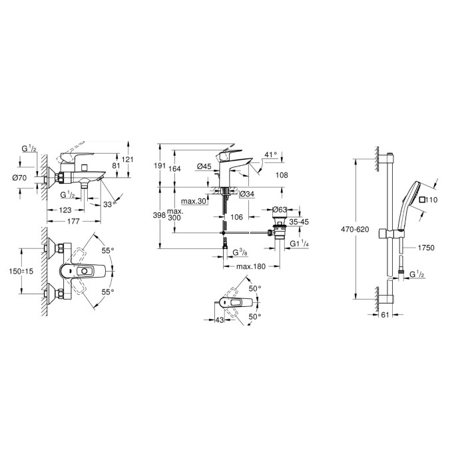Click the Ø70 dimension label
(x=19, y=178)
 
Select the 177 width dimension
(x=73, y=221)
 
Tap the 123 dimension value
(x=65, y=210)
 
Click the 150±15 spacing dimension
(x=21, y=271)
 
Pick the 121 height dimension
(x=128, y=160)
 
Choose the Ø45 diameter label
(x=204, y=166)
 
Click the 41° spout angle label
(x=270, y=154)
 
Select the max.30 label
(x=194, y=201)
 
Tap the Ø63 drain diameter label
(x=280, y=210)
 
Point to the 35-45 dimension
(x=299, y=222)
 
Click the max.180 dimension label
(x=251, y=266)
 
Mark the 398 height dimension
(x=159, y=215)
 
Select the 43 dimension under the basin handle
(x=219, y=320)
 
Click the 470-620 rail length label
(x=355, y=230)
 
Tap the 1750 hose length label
(x=426, y=248)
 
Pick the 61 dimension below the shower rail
(x=385, y=315)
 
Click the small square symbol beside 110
(x=421, y=200)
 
